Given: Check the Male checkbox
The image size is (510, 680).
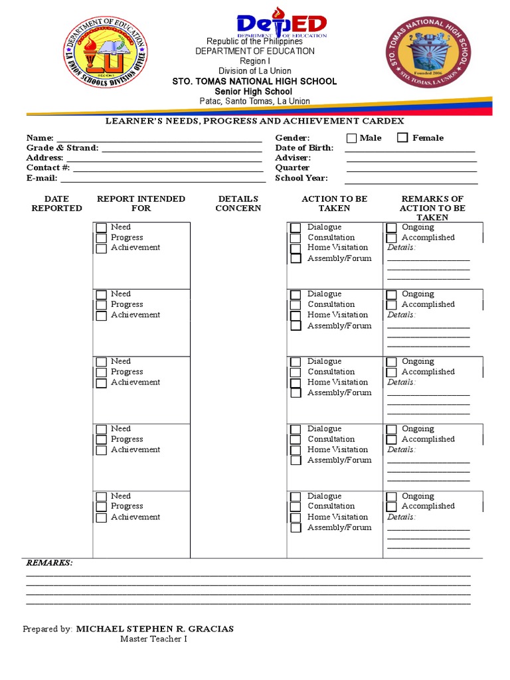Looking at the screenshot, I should coord(351,138).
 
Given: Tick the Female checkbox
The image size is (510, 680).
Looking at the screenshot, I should coord(402,138).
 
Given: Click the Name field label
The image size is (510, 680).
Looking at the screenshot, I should coord(40,137).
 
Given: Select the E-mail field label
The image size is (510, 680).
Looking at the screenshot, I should coord(42,178).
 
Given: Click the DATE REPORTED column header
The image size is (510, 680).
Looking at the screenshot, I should coord(56,203).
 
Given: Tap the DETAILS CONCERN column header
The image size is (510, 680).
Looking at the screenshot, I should coord(238,203).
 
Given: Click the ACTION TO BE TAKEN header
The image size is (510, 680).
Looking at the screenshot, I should coord(334,203).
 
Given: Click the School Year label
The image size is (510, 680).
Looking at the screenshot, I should coord(301,178).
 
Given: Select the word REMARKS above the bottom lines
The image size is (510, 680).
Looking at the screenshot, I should coord(49,562).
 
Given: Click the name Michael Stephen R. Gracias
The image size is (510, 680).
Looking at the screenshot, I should coord(155,629).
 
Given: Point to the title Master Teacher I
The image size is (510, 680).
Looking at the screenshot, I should coord(153,639).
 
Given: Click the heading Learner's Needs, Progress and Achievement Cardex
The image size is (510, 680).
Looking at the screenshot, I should coord(255,122).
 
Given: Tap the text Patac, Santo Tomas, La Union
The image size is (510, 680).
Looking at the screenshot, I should coord(255,101).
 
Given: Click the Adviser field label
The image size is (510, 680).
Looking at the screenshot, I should coord(293,158).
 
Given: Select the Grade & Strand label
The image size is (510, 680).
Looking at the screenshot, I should coord(62,147).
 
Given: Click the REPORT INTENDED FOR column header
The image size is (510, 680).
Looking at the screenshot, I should coord(141,203).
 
